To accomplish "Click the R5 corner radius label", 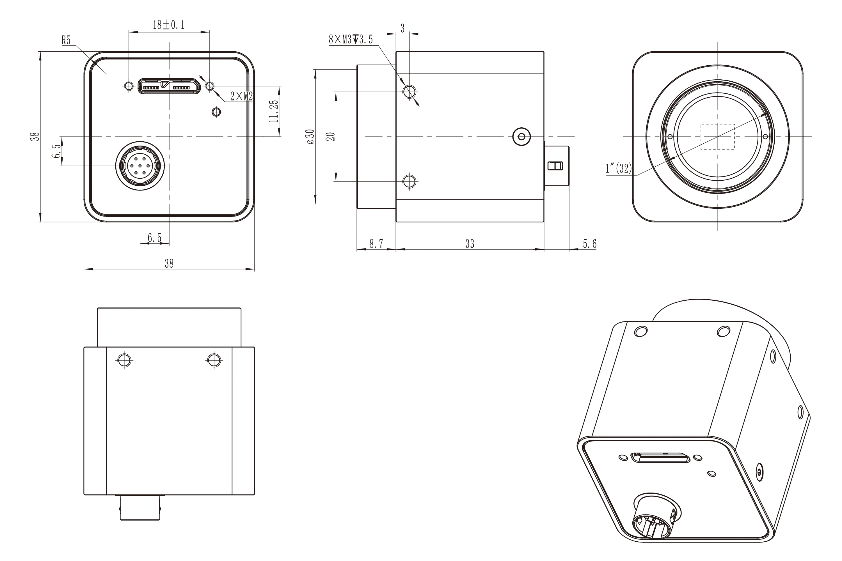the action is coord(66,40).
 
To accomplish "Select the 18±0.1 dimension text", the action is coord(169,25).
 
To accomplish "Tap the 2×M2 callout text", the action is coord(242,96).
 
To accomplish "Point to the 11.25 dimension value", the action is coord(274,111).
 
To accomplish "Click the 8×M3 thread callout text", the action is coord(351,39).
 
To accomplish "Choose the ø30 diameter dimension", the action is coord(310,136).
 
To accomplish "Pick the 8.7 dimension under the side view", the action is coord(376,244).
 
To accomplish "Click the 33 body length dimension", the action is coord(470,244).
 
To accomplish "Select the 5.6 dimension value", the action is coord(590,244).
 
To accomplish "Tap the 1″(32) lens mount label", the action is coord(619,168).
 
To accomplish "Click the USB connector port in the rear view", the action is coord(169,86).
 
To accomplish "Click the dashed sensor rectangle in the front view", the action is coord(717,137).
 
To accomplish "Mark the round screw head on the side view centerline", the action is coord(521,137).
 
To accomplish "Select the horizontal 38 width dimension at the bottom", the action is coord(169,264).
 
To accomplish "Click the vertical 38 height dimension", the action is coord(35,136).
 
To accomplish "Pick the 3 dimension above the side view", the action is coord(402,28).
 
